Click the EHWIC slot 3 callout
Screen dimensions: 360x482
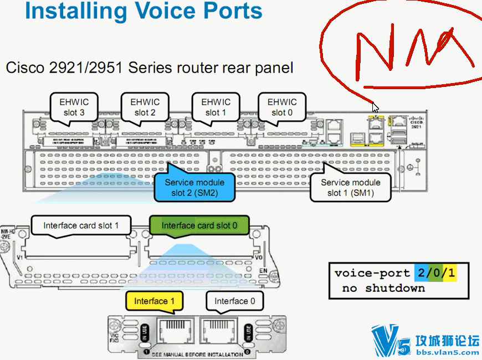pos(74,107)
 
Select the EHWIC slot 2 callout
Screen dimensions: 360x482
pos(145,107)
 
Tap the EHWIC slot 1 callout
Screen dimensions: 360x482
pos(216,107)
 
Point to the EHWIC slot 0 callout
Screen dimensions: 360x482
pos(282,107)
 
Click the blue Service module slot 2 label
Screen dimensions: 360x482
pos(194,187)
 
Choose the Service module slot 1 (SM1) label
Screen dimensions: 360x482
pos(351,187)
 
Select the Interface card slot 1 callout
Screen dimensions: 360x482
pos(81,225)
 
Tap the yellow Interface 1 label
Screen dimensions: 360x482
pos(155,301)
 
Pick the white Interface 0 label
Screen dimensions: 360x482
pos(235,301)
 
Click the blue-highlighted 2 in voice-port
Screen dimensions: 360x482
pos(421,273)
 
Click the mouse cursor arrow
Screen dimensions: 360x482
pos(375,107)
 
